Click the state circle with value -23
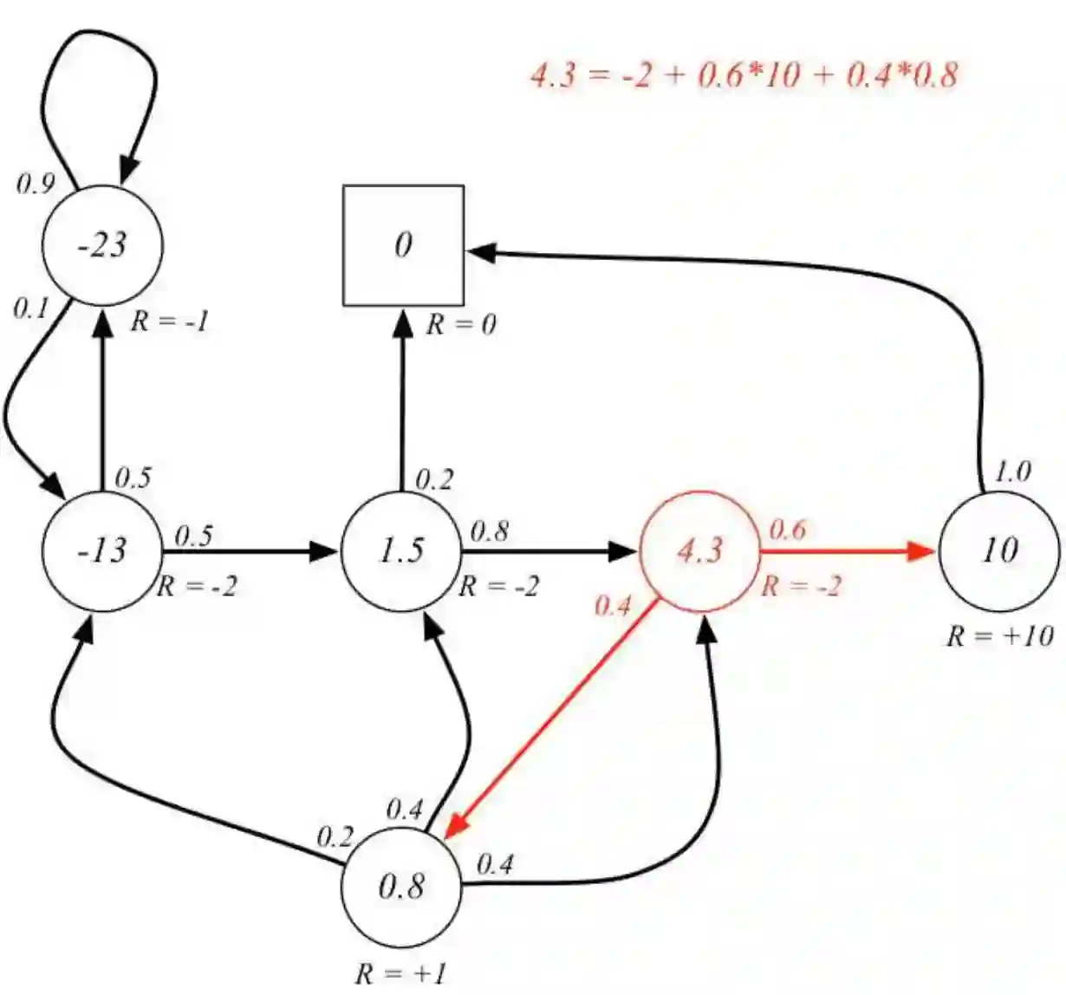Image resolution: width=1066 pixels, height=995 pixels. (102, 245)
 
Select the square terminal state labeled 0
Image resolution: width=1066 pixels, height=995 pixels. (403, 245)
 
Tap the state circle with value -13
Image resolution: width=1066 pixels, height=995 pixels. (102, 550)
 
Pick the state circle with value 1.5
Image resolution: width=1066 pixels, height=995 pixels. (401, 550)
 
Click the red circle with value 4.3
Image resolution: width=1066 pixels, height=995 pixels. (699, 550)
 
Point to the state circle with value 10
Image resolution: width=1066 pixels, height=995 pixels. (998, 550)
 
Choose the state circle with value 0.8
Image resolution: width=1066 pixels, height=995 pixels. (401, 887)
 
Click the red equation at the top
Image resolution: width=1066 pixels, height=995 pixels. (744, 75)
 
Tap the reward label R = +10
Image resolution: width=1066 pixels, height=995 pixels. (999, 636)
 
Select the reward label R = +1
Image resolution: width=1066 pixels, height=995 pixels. (401, 973)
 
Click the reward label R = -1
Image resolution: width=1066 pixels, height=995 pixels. (170, 322)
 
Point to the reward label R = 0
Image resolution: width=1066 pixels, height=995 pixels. (461, 325)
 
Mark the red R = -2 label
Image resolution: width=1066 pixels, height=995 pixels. (801, 587)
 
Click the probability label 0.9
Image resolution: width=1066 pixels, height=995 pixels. (36, 184)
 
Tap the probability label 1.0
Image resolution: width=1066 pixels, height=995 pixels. (1011, 472)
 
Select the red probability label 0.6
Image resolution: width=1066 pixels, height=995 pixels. (787, 530)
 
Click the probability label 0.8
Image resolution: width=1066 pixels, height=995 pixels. (489, 531)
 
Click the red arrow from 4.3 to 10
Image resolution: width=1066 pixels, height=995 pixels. (845, 550)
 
